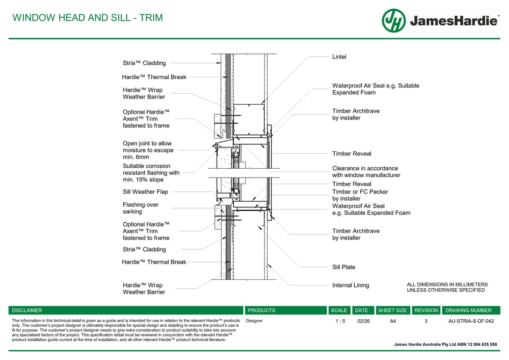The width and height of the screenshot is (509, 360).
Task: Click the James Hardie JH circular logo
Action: point(393,21)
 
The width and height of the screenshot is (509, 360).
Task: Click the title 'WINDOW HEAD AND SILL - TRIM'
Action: point(88,18)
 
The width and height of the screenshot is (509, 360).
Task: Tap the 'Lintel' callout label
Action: point(339,57)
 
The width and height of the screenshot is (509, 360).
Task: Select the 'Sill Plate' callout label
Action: point(344,267)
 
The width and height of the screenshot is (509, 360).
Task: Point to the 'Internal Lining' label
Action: point(350,285)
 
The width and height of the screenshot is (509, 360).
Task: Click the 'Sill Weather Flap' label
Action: point(145,192)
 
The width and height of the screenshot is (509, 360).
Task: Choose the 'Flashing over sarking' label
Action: point(141,208)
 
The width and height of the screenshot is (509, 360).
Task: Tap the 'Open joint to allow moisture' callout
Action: point(148,150)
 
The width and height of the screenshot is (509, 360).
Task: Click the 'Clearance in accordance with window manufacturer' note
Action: point(366,172)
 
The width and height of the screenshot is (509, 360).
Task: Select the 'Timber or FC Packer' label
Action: point(360,192)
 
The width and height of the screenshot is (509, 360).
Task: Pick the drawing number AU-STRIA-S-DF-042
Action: point(471,321)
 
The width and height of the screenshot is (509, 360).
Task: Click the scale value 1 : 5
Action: point(340,321)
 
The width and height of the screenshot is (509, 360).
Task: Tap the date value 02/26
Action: point(363,321)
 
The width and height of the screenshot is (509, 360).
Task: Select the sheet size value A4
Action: point(393,321)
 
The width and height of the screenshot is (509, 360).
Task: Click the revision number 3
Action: point(426,321)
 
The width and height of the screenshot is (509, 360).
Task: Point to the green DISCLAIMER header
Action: point(27,310)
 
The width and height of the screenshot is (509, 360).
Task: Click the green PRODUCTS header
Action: point(262,310)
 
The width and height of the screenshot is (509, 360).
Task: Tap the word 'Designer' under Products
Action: point(254,321)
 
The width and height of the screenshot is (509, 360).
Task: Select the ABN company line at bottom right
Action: point(445,345)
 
